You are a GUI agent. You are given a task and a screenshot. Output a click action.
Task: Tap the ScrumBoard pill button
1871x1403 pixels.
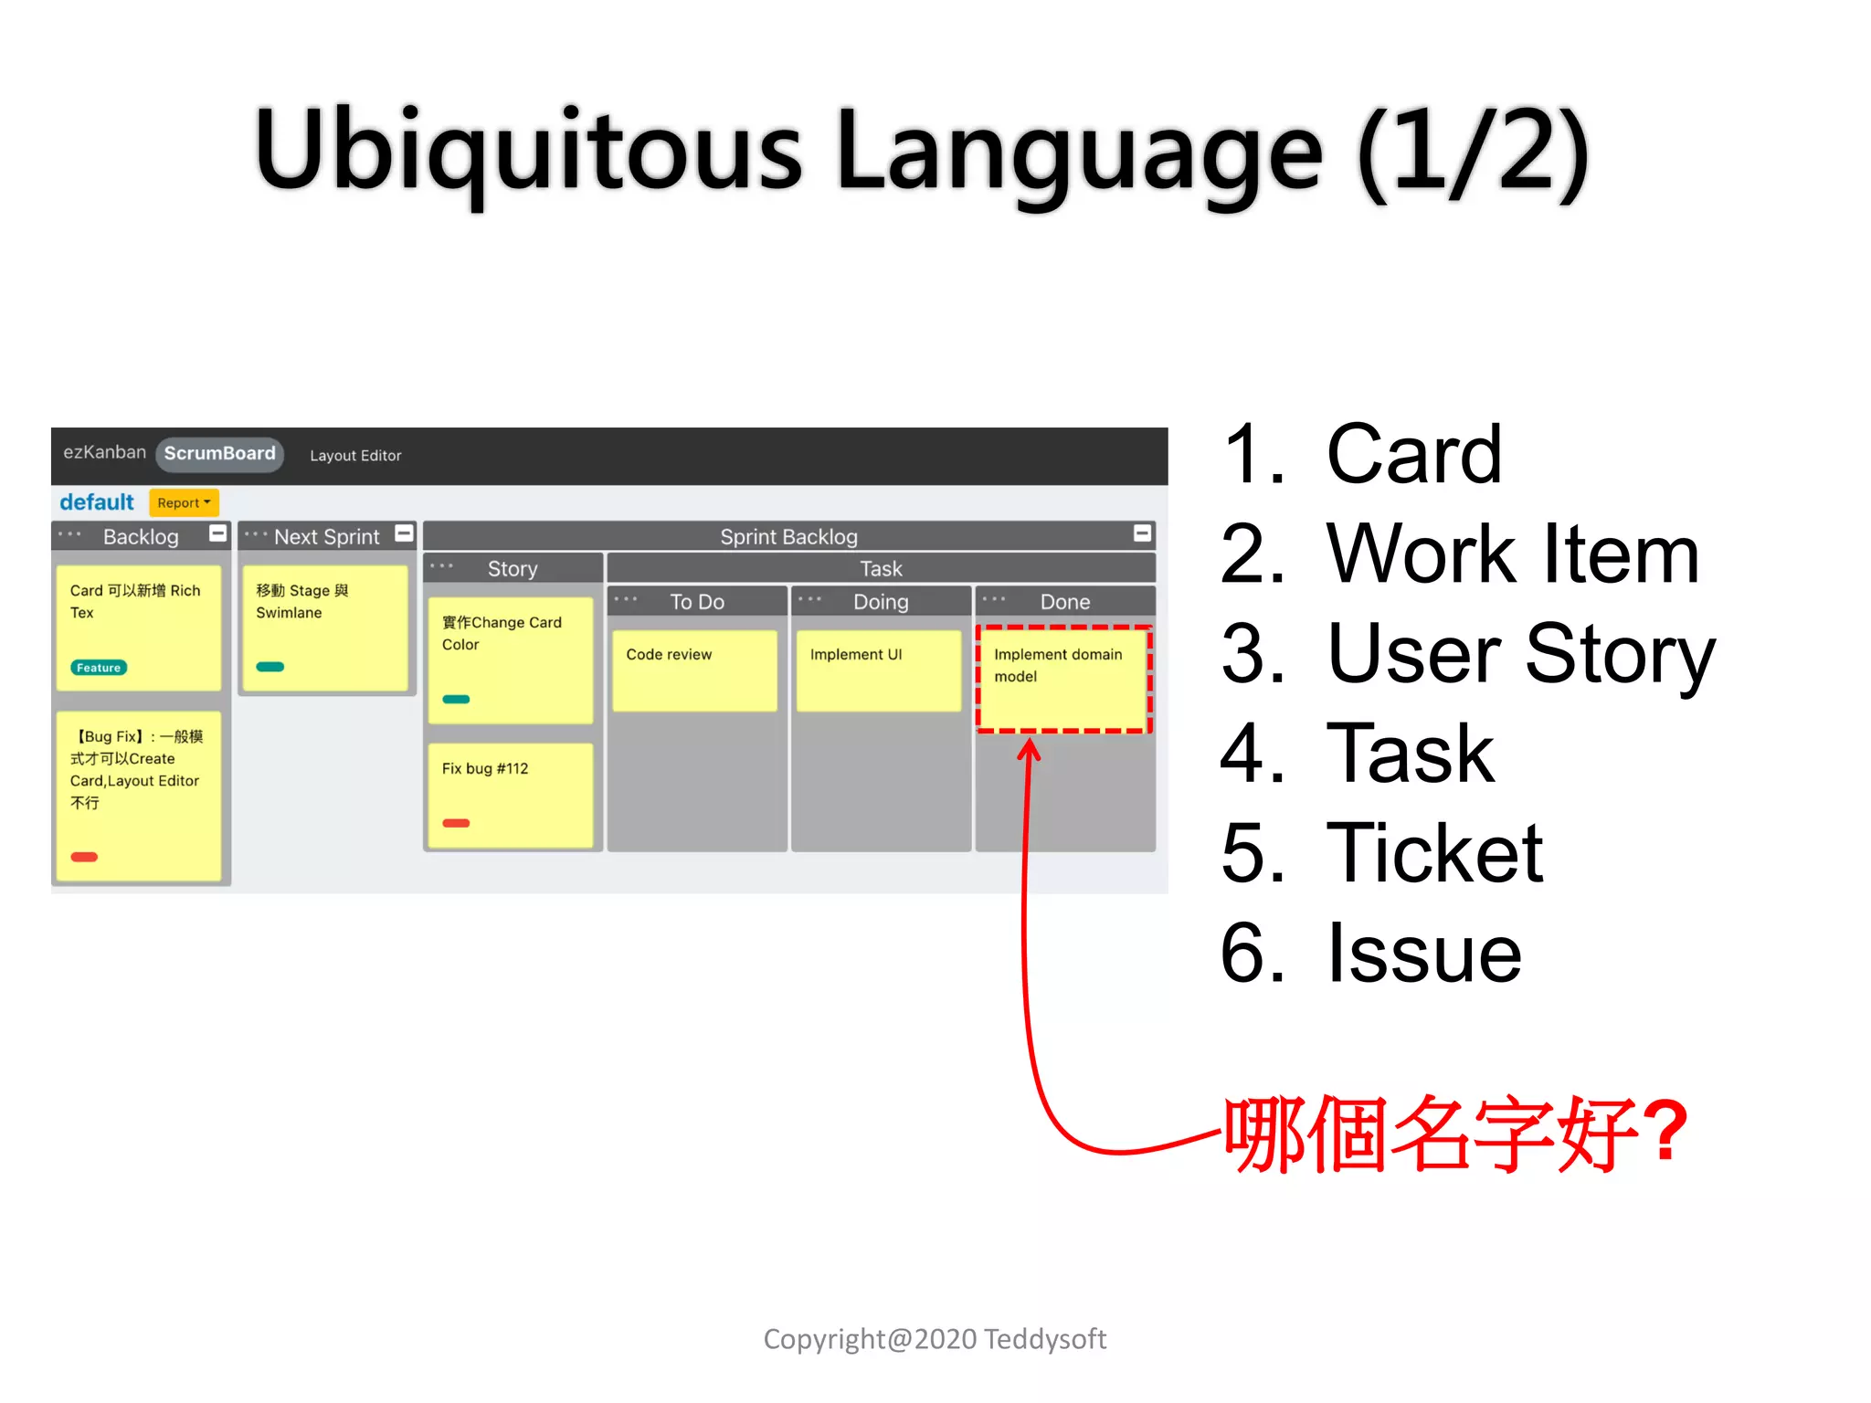(219, 454)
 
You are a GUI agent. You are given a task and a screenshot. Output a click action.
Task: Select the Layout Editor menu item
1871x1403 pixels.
(355, 456)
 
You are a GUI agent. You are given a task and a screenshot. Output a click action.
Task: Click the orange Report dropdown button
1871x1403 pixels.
(184, 502)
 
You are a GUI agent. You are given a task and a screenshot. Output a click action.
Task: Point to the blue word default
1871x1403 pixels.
(97, 502)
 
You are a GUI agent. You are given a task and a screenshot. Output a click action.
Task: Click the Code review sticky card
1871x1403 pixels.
(694, 670)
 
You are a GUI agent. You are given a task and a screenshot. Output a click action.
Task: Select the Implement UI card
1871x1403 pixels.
(878, 670)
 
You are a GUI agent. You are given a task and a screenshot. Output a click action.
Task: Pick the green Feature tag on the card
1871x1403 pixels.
(99, 668)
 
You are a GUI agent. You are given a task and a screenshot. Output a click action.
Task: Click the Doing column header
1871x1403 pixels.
(881, 602)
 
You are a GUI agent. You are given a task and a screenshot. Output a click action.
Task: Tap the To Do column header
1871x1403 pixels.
(697, 602)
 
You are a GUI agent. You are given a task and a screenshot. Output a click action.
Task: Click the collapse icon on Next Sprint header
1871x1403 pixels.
(404, 533)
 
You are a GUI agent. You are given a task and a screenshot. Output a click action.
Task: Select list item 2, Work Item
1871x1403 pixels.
(1512, 554)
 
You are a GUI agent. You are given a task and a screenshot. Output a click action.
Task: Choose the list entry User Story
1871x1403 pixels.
(1520, 654)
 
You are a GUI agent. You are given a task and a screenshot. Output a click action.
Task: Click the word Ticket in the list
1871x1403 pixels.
(1434, 853)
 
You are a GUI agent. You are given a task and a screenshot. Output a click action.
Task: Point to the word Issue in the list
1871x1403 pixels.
(1423, 954)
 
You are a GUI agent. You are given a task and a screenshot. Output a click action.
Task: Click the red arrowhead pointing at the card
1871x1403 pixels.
(1030, 749)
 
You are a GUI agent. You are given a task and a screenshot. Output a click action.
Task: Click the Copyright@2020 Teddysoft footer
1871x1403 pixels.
(935, 1339)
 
